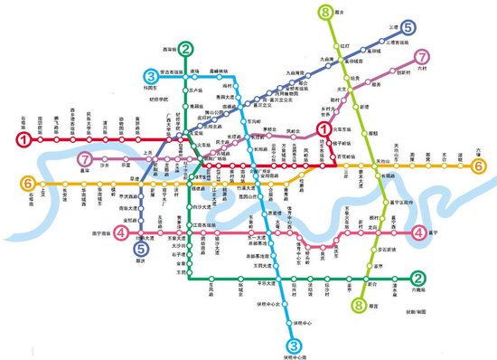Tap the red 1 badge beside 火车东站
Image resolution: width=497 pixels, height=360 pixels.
321,130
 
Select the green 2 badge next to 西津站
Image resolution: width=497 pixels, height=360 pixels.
185,50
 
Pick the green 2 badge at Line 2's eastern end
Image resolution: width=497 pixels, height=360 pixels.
417,279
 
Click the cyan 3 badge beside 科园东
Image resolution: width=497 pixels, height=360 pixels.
149,76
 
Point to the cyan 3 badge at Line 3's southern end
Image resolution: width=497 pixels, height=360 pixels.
294,345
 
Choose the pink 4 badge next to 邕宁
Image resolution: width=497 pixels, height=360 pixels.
418,232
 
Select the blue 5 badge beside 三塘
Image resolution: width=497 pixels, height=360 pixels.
409,29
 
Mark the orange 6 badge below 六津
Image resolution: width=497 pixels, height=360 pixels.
479,165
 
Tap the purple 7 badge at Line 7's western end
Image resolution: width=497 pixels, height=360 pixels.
85,159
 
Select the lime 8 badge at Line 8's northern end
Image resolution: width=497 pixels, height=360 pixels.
324,13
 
